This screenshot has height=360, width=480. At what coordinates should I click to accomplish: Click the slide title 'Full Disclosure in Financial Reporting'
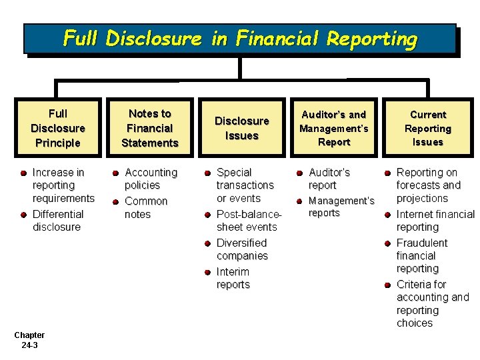(x=240, y=39)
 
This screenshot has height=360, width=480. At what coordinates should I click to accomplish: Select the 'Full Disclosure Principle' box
(x=58, y=128)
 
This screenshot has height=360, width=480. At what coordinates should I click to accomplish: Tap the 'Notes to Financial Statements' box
(x=149, y=128)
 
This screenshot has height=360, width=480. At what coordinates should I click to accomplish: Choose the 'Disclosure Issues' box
(x=241, y=128)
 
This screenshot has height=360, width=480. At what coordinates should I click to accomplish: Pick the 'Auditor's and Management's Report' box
(x=334, y=128)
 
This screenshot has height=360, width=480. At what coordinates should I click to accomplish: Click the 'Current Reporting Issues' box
(x=427, y=128)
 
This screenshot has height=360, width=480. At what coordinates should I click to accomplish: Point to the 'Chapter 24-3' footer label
(x=29, y=340)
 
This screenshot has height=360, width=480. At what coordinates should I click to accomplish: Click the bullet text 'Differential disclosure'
(x=58, y=221)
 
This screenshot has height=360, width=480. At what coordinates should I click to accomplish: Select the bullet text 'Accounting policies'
(x=151, y=179)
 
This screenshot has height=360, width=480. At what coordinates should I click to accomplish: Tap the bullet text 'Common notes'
(x=146, y=207)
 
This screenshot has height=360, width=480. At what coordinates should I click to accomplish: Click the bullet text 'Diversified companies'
(x=242, y=249)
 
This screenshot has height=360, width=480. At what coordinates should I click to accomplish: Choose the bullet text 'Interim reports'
(x=233, y=278)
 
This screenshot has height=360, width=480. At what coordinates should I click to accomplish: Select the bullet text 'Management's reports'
(x=341, y=207)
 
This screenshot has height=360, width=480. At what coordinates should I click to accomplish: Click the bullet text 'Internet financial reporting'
(x=435, y=221)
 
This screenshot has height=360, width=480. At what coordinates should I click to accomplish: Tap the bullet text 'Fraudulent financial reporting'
(x=422, y=256)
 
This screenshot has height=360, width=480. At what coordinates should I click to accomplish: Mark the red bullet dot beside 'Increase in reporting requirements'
(x=23, y=173)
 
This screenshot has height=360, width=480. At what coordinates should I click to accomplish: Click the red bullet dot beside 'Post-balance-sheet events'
(x=207, y=215)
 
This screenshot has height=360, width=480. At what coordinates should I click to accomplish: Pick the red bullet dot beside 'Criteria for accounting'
(x=387, y=285)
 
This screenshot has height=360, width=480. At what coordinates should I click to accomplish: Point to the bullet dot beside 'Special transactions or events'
(x=207, y=173)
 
